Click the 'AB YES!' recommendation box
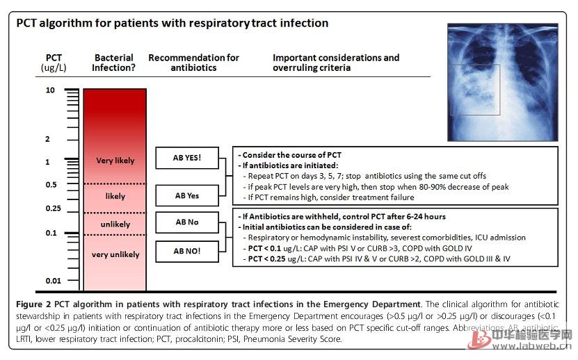coord(186,158)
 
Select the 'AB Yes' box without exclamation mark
coord(186,195)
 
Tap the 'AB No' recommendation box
coord(186,222)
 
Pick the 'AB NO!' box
coord(186,250)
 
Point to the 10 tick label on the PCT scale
coord(51,90)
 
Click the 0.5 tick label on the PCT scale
coord(51,184)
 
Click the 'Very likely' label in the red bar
coord(115,161)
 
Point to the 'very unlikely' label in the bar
coord(115,254)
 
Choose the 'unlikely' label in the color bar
coord(115,225)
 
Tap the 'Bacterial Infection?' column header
coord(115,63)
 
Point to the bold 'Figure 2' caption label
coord(34,304)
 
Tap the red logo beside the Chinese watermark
coord(479,338)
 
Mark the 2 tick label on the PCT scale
coord(48,139)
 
